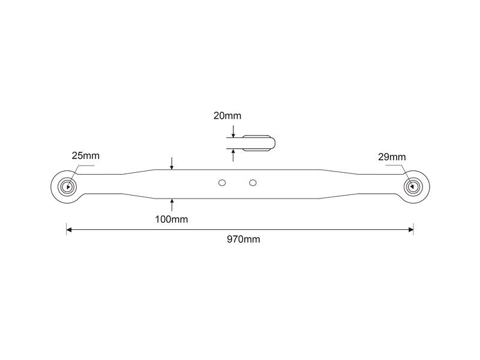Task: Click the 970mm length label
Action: [244, 239]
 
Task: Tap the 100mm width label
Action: [172, 219]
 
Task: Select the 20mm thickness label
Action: [227, 116]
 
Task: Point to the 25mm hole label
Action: [85, 156]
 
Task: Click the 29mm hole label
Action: [392, 157]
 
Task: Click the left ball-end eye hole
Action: [67, 185]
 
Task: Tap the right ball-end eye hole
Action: [413, 185]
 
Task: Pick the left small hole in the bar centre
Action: [222, 182]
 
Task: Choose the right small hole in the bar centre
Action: [253, 182]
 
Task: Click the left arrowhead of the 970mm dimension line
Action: [70, 229]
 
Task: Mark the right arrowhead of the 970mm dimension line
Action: [410, 229]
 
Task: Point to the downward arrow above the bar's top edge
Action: [172, 164]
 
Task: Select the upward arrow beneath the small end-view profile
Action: [233, 154]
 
